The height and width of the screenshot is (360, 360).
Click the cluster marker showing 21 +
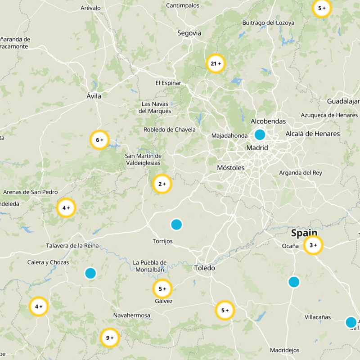point(216,64)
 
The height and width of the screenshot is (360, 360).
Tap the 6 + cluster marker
point(100,140)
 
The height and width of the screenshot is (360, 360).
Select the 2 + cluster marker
point(162,184)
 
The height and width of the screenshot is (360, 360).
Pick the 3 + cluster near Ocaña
point(313,245)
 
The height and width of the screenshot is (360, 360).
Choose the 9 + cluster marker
point(110,337)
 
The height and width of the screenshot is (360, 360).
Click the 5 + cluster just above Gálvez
point(162,288)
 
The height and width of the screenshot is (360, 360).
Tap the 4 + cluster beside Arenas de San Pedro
point(66,208)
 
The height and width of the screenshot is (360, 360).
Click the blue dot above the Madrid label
point(260,135)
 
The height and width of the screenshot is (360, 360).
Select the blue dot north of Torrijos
point(176,224)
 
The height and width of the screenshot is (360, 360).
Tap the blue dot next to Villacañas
point(351,322)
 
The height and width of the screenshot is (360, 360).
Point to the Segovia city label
point(189,33)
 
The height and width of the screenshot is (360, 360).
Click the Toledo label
point(204,268)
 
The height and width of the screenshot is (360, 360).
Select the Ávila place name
point(94,96)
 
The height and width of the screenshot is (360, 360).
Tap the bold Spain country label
point(304,233)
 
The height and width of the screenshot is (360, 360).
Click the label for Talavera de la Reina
point(72,246)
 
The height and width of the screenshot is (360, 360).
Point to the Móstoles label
point(231,168)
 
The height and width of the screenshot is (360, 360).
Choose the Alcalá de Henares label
point(313,134)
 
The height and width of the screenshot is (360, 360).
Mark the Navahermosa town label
point(132,315)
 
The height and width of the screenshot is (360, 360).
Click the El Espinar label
point(168,83)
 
